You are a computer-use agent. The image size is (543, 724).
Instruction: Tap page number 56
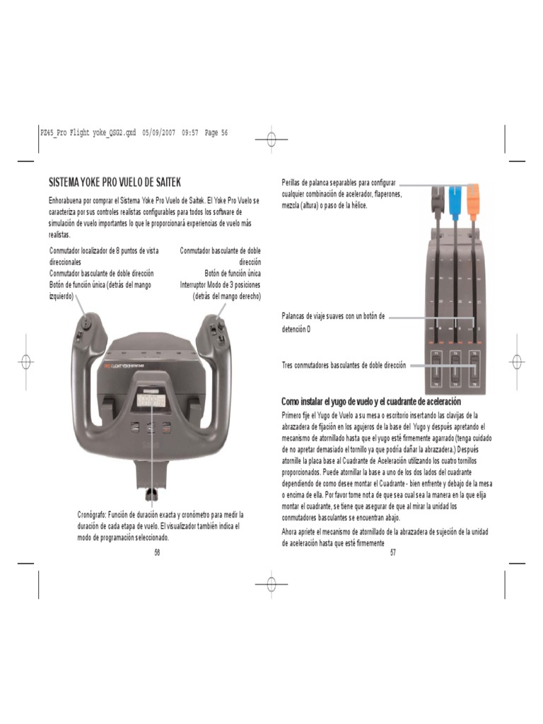(157, 552)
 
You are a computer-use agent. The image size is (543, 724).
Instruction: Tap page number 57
(392, 552)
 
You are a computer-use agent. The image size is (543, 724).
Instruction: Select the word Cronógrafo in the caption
(92, 514)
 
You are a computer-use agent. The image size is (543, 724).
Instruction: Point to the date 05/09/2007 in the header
(159, 133)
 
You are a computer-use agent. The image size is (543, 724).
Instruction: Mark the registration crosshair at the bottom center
(271, 584)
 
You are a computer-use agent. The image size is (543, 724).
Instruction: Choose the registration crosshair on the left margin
(26, 362)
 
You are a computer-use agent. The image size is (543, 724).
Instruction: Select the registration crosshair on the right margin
(517, 362)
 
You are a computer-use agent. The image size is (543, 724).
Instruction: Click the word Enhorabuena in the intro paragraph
(67, 201)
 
